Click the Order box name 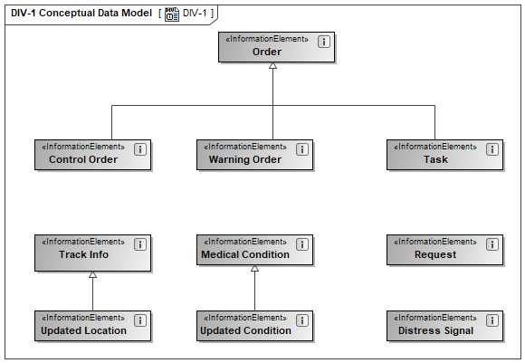267,52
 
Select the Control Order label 83,159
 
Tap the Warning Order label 245,159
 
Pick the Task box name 435,159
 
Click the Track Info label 83,254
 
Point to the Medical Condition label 245,254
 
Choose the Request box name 435,255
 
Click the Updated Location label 83,330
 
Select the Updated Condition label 245,330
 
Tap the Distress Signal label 435,330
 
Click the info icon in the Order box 324,42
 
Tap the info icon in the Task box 492,149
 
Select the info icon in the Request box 492,244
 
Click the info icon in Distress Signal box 492,320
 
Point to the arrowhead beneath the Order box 272,66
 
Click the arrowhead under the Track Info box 92,274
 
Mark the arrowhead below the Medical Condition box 254,268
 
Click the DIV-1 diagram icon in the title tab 172,14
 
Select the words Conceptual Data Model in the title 95,13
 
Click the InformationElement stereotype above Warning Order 245,147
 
